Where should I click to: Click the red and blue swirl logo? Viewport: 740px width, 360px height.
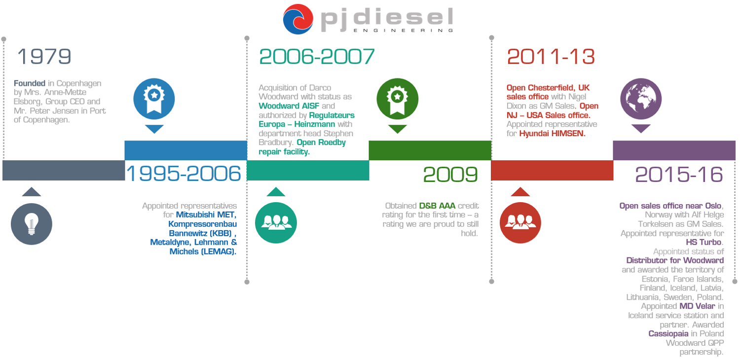click(298, 19)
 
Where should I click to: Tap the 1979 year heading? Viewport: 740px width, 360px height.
click(44, 57)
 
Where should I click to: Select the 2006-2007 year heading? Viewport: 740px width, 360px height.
click(317, 57)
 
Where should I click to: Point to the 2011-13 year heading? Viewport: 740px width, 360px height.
click(551, 57)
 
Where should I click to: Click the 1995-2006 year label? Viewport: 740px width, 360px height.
click(184, 174)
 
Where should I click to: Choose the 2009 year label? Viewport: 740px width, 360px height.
click(450, 175)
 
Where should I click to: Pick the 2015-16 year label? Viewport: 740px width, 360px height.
click(679, 175)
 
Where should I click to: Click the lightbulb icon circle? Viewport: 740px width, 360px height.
click(32, 224)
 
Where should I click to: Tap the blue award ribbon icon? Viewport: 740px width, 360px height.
click(154, 99)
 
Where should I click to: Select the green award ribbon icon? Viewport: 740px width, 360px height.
click(398, 99)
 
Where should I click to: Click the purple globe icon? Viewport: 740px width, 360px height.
click(641, 99)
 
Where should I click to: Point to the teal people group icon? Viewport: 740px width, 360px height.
click(276, 223)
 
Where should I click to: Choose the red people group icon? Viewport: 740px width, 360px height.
click(520, 223)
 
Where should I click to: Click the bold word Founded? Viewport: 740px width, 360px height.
click(30, 83)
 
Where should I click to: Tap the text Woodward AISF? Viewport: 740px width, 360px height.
click(289, 106)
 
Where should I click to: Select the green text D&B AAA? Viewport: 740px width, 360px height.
click(437, 206)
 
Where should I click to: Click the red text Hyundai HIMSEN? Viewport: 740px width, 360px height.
click(552, 134)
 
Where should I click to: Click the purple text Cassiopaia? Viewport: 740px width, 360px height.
click(668, 333)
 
